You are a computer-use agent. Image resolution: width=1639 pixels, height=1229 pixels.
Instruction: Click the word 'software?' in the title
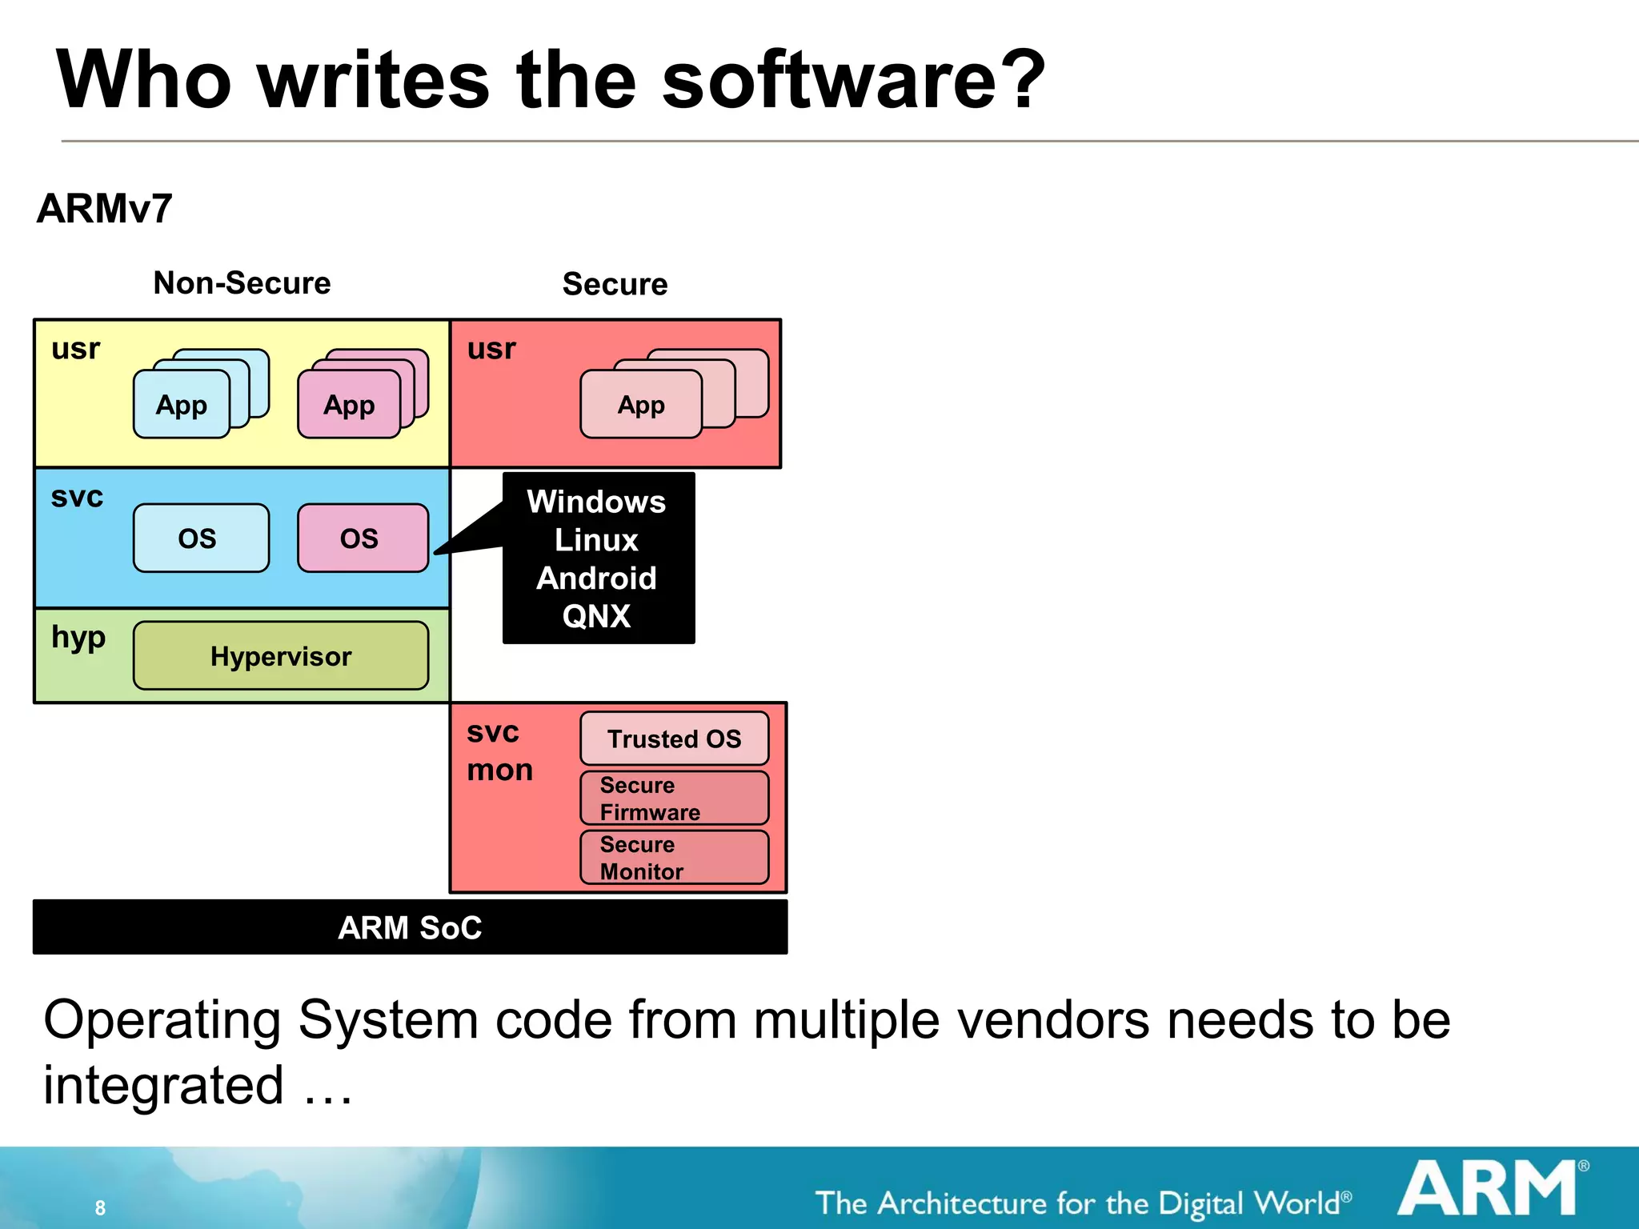[853, 80]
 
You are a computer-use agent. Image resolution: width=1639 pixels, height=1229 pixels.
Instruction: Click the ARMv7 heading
[104, 209]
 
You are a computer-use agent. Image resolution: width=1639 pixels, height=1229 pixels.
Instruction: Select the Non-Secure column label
[242, 283]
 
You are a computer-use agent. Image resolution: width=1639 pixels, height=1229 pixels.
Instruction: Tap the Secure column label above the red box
[615, 284]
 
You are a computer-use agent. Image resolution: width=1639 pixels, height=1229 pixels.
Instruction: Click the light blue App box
[182, 405]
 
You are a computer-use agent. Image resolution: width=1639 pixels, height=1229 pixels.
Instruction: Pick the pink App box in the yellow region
[349, 405]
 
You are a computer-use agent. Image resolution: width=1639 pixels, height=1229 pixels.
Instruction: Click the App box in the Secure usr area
[640, 405]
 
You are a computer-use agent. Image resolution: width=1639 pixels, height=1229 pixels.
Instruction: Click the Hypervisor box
[280, 656]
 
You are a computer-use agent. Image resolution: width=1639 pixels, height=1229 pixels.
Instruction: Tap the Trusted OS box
[674, 739]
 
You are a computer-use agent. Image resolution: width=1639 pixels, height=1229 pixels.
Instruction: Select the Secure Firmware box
[674, 798]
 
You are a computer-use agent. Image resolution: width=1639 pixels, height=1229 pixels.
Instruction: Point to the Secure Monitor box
[674, 857]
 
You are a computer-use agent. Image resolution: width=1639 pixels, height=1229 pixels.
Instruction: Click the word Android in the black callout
[596, 578]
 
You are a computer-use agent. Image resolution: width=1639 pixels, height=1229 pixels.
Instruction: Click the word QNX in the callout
[596, 616]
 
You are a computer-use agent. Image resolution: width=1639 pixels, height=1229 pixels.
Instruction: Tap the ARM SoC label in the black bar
[410, 927]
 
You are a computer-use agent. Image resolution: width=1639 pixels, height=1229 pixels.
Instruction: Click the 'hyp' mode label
[78, 638]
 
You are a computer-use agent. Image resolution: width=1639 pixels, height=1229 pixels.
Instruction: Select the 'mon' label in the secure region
[499, 771]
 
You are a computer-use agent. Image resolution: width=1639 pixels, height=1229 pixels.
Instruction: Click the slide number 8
[100, 1207]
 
